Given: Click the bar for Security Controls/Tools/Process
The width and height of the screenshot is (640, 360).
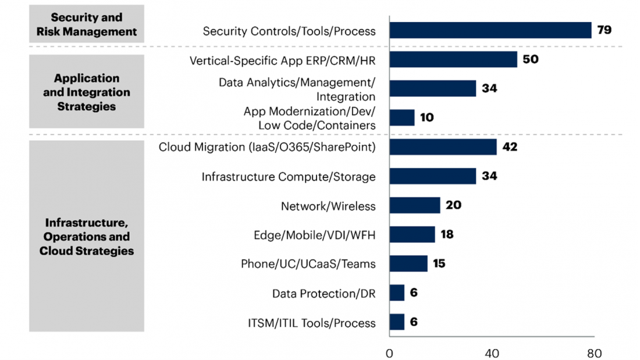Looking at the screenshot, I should pos(490,30).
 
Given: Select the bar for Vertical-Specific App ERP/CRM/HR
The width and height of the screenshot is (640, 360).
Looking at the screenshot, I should pos(453,59).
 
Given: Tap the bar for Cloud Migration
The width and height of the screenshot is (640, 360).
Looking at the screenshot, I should pos(443,147).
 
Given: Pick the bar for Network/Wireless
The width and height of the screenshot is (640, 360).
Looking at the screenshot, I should pos(415,205).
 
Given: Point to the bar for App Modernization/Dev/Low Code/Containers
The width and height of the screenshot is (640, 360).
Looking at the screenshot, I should pos(402,117).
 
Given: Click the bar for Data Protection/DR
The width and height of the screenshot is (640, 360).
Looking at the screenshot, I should pos(397,293).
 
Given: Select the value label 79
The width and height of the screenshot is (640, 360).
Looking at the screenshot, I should pos(605,30).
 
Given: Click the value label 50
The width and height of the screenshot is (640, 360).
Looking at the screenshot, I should pos(530,59).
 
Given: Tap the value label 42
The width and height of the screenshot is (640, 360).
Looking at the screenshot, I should pos(510,147).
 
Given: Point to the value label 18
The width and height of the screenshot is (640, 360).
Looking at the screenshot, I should pos(447,234).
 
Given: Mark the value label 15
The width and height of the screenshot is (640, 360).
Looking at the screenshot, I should pos(439,263).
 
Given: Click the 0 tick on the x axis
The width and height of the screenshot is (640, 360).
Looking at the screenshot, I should pos(389,352).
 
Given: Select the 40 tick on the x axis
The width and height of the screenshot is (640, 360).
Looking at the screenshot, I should pos(492,352).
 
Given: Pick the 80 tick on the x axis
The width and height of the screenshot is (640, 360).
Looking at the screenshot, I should pos(594,352).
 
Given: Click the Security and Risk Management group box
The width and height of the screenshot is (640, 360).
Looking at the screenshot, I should pos(87,24).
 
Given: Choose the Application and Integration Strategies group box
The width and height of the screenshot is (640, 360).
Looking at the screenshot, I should pos(87,92).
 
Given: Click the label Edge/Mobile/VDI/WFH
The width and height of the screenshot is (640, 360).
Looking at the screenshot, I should pos(314,235).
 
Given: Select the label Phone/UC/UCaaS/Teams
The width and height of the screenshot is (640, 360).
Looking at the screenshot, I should pos(308,264).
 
